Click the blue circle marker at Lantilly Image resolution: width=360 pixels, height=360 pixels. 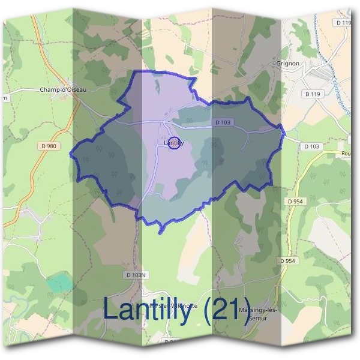tap(173, 143)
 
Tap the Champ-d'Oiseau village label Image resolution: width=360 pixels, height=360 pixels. tap(63, 90)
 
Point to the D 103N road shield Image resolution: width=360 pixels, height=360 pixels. tap(136, 275)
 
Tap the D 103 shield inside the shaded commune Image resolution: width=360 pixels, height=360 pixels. tap(223, 123)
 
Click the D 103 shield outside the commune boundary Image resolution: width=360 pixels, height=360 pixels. tap(311, 146)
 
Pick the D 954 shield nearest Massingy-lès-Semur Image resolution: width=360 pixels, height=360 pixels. tap(288, 261)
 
